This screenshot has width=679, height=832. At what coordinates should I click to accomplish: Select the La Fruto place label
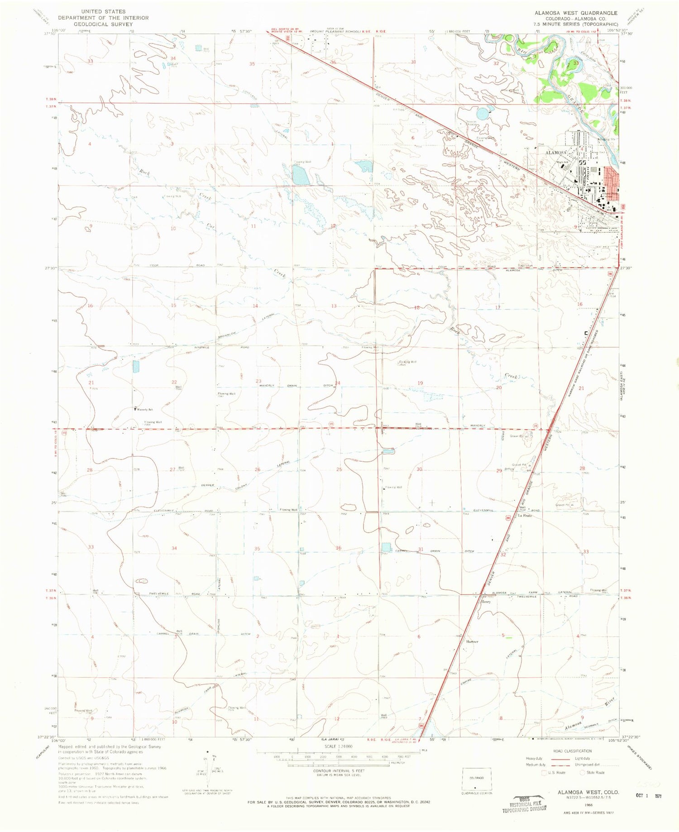point(525,516)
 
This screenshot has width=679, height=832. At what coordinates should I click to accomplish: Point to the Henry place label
point(486,602)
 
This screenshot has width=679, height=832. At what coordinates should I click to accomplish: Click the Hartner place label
point(472,641)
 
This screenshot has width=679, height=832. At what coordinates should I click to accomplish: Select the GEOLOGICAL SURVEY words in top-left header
point(103,24)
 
